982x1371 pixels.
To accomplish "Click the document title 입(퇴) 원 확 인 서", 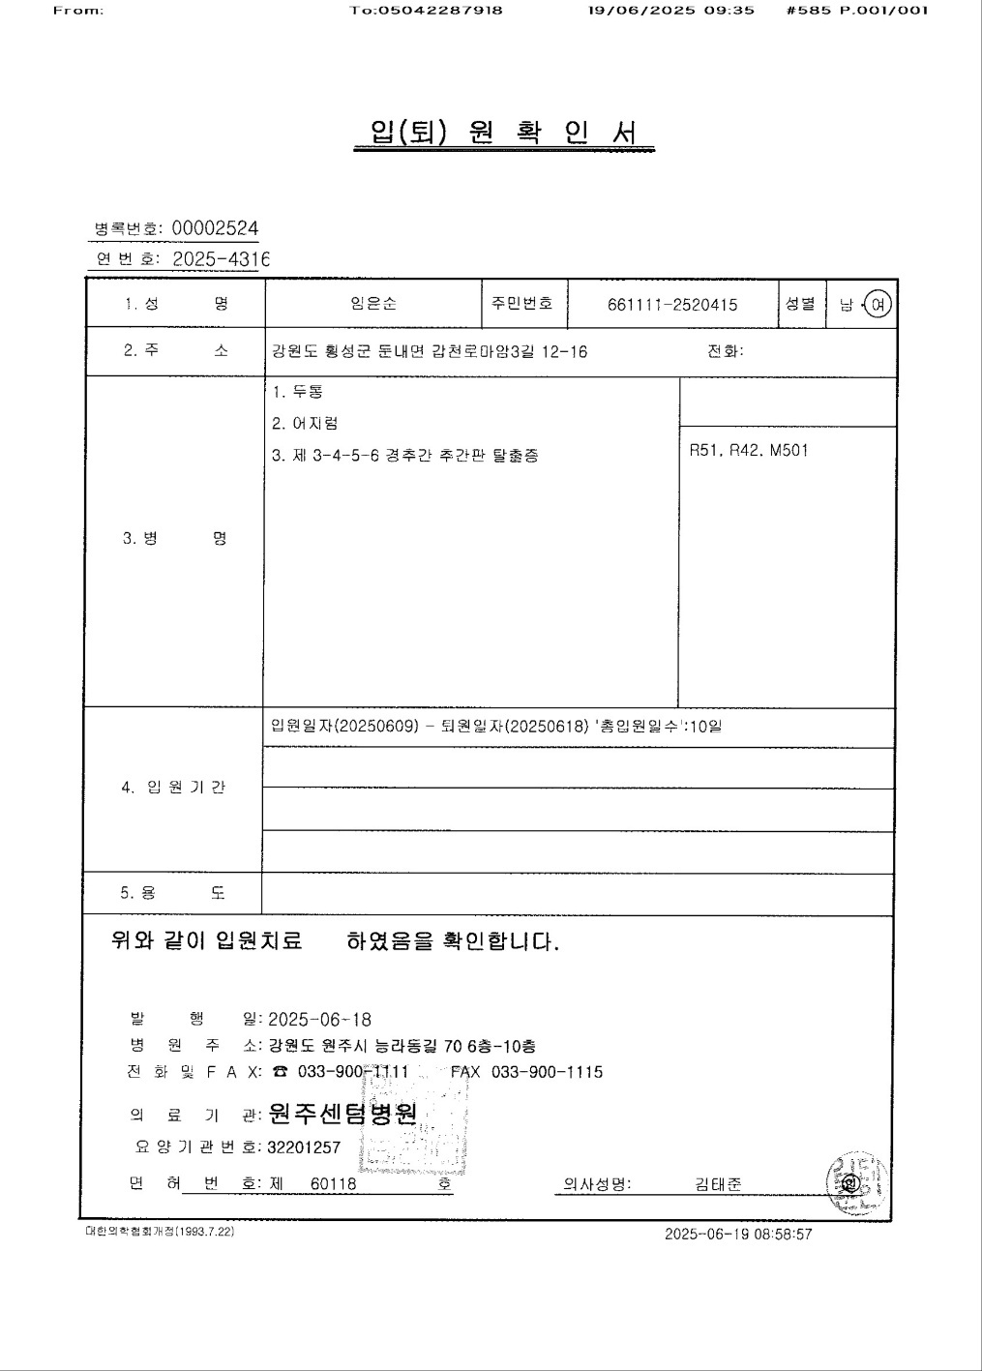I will coord(503,133).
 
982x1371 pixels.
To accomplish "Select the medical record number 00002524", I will coord(215,228).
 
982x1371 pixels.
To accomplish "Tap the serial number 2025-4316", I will coord(220,258).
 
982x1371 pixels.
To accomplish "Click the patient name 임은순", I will coord(373,304).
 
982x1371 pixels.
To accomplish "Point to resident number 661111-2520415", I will coord(672,305).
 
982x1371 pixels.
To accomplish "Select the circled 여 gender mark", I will coord(878,305).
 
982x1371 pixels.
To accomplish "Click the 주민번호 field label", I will coord(522,303).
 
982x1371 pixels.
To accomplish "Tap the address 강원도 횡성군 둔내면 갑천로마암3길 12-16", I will coord(430,351).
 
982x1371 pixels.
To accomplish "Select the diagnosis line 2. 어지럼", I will coord(305,423).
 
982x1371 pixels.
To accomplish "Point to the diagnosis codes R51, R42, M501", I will coord(749,450).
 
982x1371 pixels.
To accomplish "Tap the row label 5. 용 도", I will coord(172,893).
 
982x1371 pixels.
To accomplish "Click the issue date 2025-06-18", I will coord(319,1020).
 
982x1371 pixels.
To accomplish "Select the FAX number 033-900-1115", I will coord(547,1072).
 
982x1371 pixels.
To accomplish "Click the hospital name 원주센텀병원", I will coord(342,1115).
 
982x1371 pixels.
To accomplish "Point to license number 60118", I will coord(333,1184).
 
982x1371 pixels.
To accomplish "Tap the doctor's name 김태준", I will coord(718,1184).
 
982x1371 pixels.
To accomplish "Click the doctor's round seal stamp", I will coord(850,1182).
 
